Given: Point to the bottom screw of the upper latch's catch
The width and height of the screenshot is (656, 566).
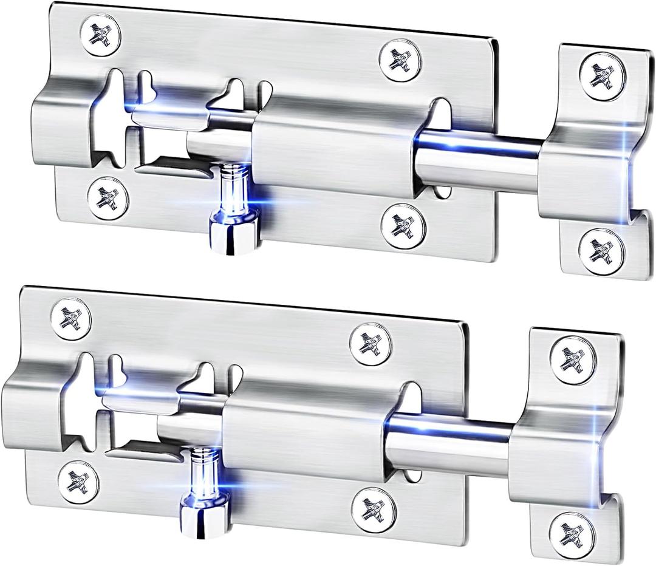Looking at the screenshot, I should [602, 248].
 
